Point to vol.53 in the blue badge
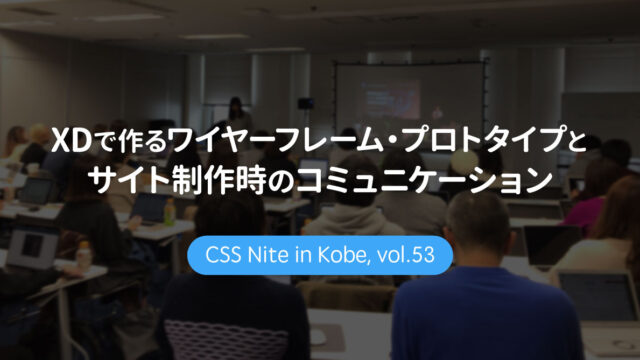click(407, 255)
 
